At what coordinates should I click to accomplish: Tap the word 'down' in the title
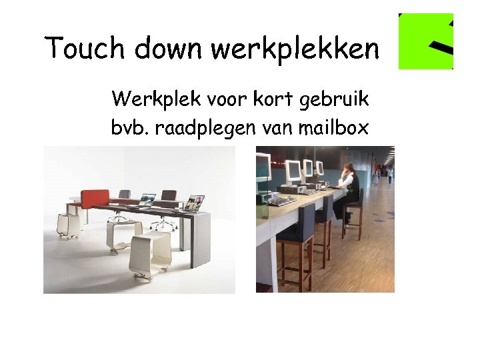pos(169,48)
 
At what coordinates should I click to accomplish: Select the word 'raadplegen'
pos(202,128)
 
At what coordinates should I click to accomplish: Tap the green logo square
pos(426,41)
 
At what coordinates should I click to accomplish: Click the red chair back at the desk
pos(95,197)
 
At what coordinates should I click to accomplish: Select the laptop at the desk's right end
pos(195,203)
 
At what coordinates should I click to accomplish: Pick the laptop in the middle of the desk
pos(147,199)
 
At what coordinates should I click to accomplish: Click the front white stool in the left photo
pos(150,253)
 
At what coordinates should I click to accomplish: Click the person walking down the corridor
pos(390,174)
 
